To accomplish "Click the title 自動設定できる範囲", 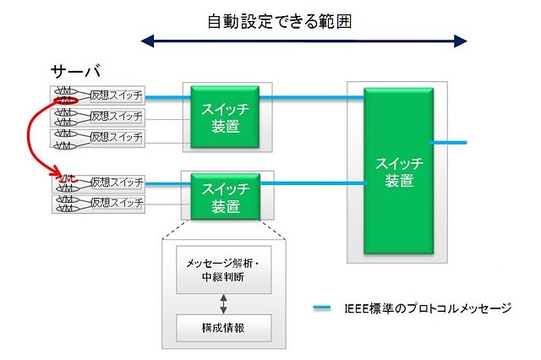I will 278,21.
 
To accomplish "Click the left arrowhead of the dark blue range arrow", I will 147,41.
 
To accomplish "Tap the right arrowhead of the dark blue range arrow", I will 461,41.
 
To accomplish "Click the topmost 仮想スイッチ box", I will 117,94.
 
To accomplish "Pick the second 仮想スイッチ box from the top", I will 117,116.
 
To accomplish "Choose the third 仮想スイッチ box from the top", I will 117,136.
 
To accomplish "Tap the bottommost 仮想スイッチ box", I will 117,203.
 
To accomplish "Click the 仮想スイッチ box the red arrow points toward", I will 117,182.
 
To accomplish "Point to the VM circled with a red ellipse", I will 64,100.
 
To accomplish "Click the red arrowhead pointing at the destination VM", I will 57,175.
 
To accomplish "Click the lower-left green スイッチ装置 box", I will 226,195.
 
